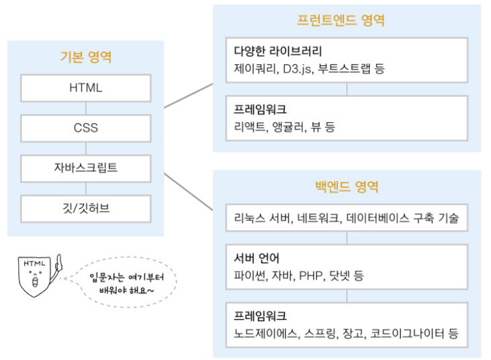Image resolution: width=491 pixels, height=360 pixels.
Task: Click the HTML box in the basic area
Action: tap(85, 88)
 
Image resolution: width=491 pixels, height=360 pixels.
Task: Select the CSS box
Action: tap(85, 128)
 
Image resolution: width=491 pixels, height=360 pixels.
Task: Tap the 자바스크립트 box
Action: tap(85, 168)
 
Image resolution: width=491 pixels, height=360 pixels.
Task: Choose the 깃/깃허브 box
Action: tap(85, 208)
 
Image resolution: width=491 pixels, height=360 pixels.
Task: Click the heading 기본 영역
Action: tap(85, 57)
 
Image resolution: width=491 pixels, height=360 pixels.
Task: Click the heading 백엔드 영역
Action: tap(347, 185)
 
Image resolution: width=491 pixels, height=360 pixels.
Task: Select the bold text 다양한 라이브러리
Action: tap(278, 51)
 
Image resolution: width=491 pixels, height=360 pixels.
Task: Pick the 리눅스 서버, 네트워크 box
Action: tap(347, 218)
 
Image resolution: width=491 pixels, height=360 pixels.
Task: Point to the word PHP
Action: tap(311, 275)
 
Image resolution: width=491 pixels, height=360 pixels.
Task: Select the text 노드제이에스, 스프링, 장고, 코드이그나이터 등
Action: tap(346, 332)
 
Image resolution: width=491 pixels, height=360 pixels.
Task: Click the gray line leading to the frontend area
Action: tap(188, 95)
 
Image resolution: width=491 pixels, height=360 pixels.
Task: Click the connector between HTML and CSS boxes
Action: tap(85, 108)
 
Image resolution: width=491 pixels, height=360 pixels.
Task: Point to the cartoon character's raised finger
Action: tap(58, 259)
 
